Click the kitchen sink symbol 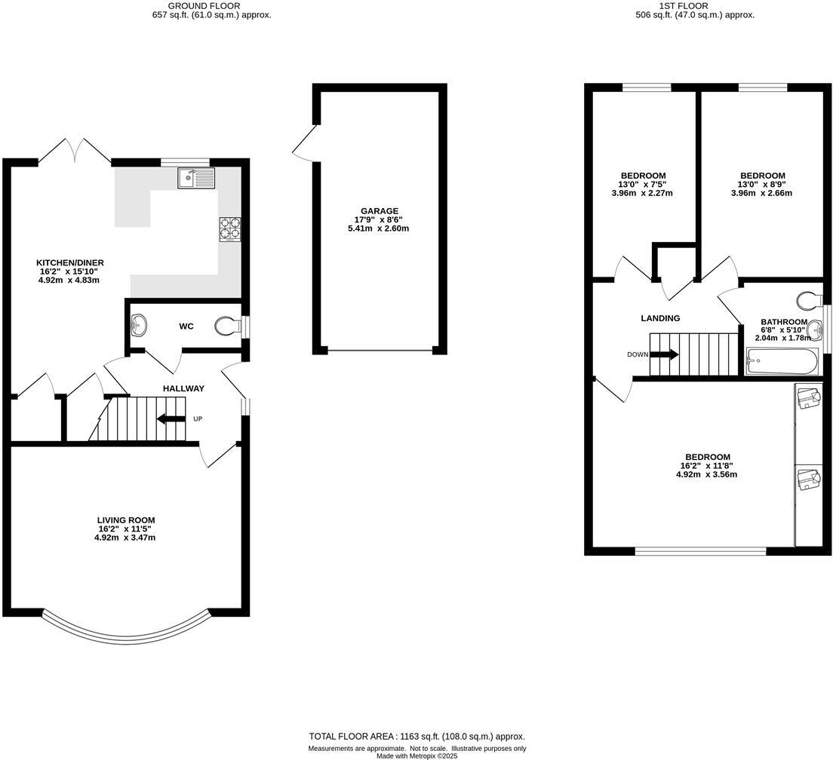pyautogui.click(x=196, y=178)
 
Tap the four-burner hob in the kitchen pyautogui.click(x=230, y=229)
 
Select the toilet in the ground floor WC pyautogui.click(x=227, y=326)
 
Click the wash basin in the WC pyautogui.click(x=139, y=326)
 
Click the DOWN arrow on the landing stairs pyautogui.click(x=663, y=354)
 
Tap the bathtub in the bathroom pyautogui.click(x=781, y=361)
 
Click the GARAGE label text pyautogui.click(x=379, y=211)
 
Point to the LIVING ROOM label pyautogui.click(x=125, y=520)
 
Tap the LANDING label pyautogui.click(x=660, y=318)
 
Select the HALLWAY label pyautogui.click(x=183, y=388)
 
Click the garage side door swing pyautogui.click(x=305, y=143)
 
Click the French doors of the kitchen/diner pyautogui.click(x=75, y=151)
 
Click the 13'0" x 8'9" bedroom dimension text pyautogui.click(x=762, y=184)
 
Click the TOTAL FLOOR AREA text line pyautogui.click(x=416, y=737)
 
